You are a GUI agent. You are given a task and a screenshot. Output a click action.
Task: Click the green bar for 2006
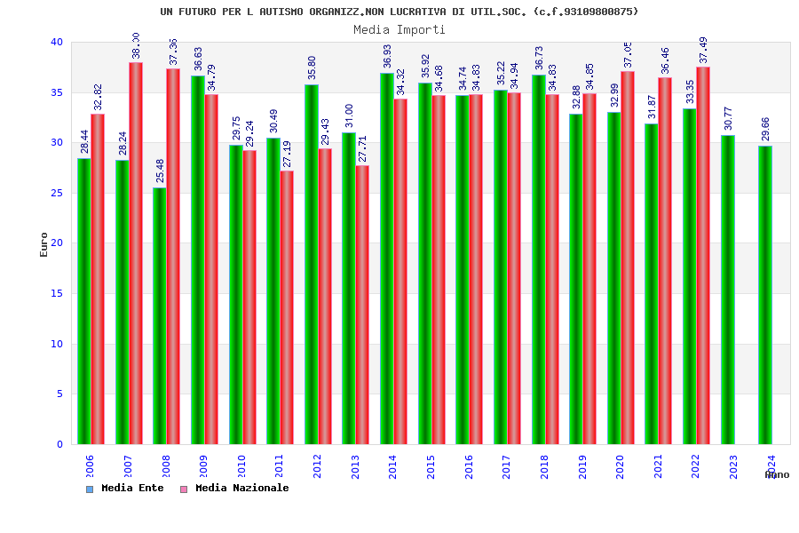(x=83, y=301)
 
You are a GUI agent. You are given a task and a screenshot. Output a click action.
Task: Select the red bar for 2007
(x=136, y=253)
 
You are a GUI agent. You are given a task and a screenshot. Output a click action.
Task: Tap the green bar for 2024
(x=764, y=295)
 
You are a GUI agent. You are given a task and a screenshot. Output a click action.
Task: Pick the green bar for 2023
(x=727, y=290)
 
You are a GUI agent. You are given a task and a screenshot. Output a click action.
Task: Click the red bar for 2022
(x=703, y=256)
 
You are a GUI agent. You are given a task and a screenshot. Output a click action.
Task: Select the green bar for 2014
(x=387, y=259)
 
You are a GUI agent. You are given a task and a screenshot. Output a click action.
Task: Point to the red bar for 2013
(x=362, y=305)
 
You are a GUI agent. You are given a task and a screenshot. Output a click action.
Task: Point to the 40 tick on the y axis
(x=57, y=43)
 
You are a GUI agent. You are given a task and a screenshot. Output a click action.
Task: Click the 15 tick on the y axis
(x=57, y=294)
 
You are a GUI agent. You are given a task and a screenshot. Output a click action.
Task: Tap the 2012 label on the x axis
(x=318, y=466)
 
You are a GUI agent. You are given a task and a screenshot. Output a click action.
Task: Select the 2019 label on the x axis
(x=582, y=466)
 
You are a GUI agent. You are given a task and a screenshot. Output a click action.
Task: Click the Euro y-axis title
(x=44, y=244)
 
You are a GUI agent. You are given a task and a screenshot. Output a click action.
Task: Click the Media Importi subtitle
(x=399, y=29)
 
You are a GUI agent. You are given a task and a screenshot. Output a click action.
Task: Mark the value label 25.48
(x=160, y=171)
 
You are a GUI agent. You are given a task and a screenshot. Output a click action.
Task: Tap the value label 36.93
(x=387, y=57)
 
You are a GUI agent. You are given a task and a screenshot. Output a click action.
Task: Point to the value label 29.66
(x=765, y=129)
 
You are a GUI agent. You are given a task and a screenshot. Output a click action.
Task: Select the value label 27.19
(x=287, y=155)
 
